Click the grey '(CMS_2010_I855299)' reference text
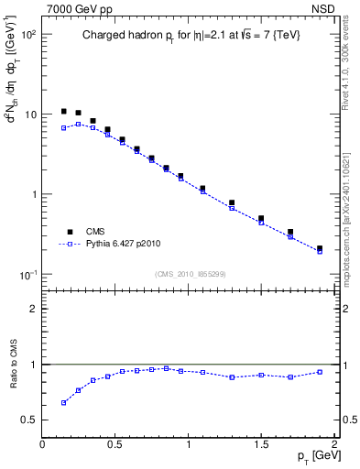190,274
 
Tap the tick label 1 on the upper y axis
32,194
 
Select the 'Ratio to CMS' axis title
12,365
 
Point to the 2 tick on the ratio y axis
33,309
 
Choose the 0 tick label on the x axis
42,444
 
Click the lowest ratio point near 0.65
63,402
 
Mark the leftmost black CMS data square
63,111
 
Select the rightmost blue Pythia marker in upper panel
320,252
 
